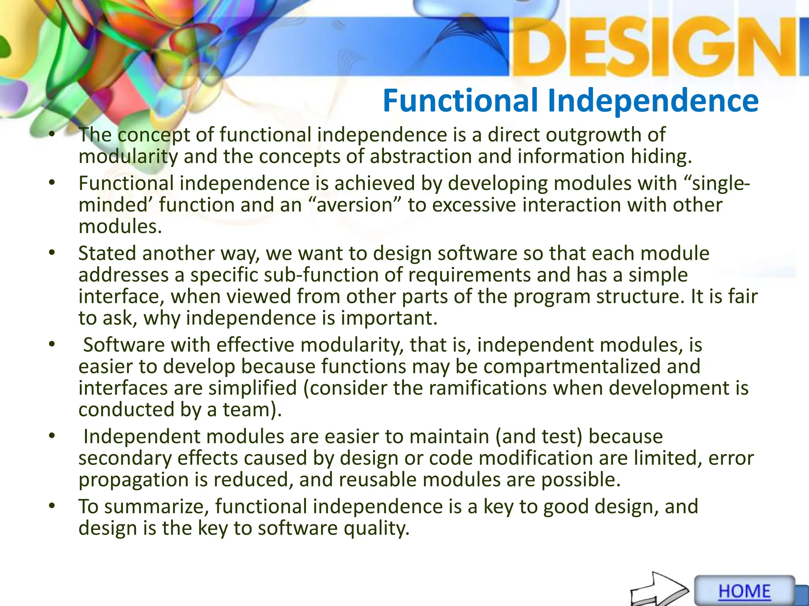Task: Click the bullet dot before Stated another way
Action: tap(52, 253)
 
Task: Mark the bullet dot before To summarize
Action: tap(52, 506)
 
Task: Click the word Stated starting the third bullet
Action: tap(107, 253)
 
